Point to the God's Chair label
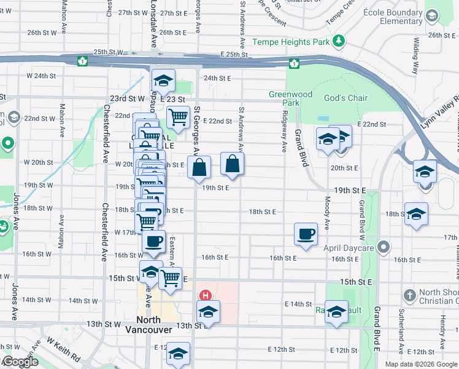(345, 98)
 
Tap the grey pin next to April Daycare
(384, 247)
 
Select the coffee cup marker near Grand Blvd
(306, 234)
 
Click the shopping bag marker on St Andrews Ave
(232, 164)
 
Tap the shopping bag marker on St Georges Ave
(199, 167)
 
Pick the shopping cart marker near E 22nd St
(177, 116)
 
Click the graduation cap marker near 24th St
(163, 81)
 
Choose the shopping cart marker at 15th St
(170, 278)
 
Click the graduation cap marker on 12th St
(179, 354)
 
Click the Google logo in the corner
(20, 362)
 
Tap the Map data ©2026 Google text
(420, 364)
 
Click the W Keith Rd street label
(63, 350)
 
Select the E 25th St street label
(231, 55)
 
